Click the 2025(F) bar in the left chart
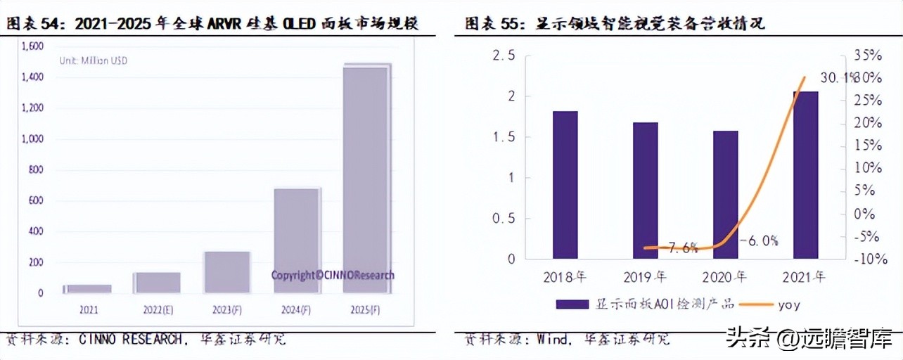tap(366, 179)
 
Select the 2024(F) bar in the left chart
tap(296, 240)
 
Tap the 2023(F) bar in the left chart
tap(226, 271)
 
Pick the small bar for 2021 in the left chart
tap(88, 288)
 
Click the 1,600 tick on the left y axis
tap(32, 46)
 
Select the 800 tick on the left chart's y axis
tap(36, 169)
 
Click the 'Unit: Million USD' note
tap(93, 61)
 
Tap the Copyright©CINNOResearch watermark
tap(333, 276)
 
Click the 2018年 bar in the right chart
tap(565, 184)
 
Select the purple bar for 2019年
tap(645, 190)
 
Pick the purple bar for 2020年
tap(725, 194)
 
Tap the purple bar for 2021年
tap(805, 174)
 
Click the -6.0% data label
tap(759, 241)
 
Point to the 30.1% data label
tap(837, 77)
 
